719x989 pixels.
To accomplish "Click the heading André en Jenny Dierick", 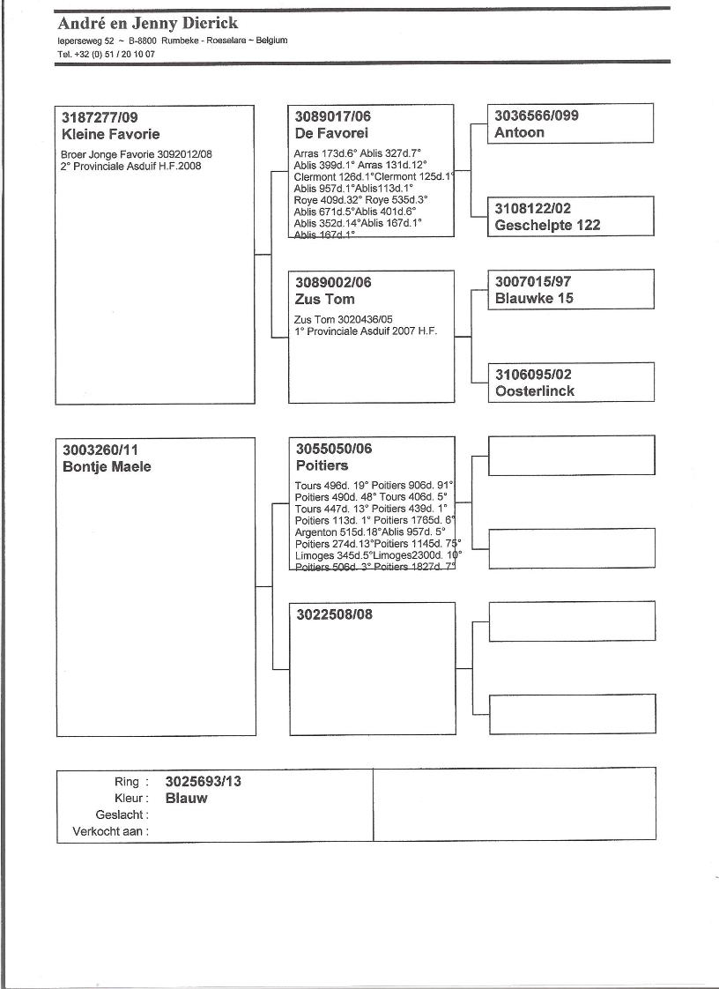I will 147,23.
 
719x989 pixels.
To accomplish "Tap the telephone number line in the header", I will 106,54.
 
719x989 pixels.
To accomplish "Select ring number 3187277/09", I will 100,117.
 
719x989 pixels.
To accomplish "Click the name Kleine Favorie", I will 111,134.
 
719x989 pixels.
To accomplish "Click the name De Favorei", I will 325,133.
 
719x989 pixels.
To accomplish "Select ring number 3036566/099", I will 537,115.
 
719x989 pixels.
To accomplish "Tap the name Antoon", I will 519,132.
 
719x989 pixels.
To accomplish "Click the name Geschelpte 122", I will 547,225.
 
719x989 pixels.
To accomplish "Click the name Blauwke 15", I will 534,298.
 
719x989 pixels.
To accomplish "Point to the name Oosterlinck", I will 534,390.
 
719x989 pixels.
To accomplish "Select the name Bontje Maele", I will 107,466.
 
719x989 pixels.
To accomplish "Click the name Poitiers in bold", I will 322,465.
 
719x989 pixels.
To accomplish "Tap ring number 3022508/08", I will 334,614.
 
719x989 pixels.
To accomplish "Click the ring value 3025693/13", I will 203,781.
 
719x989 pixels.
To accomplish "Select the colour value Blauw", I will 186,798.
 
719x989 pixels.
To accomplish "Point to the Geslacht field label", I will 122,814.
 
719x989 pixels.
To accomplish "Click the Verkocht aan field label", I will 110,830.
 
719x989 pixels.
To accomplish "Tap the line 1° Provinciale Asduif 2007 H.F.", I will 366,331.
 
